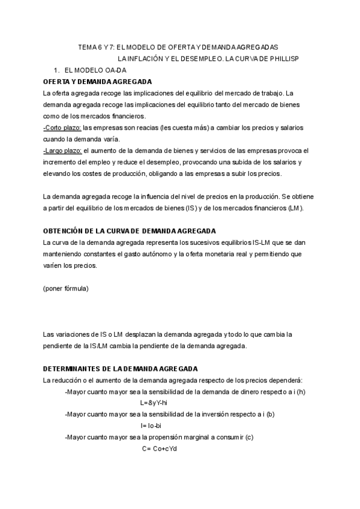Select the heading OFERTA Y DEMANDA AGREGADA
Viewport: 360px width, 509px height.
97,81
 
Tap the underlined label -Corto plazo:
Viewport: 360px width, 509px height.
62,127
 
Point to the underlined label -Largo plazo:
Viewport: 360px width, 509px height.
63,150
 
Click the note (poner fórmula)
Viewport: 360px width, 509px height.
65,288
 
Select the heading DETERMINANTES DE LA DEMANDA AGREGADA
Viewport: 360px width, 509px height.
121,368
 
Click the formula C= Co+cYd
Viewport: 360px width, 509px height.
160,448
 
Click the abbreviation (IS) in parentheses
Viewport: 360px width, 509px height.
222,208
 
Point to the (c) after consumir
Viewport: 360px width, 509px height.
250,437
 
